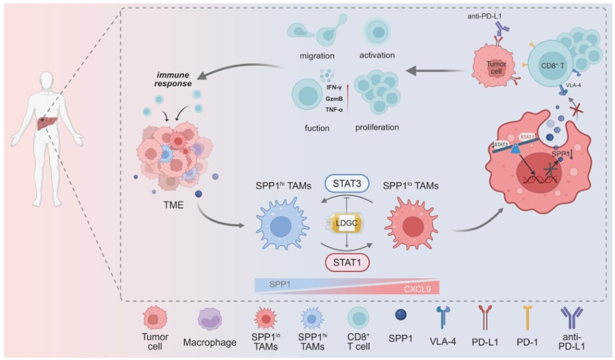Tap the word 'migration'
[x=316, y=55]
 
